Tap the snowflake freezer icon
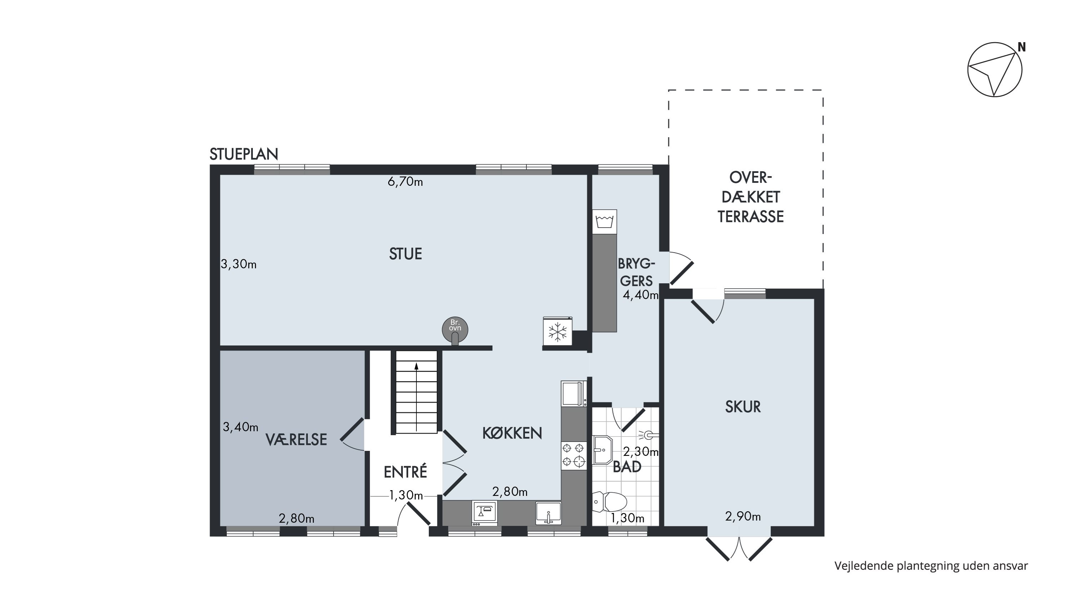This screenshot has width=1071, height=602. (557, 332)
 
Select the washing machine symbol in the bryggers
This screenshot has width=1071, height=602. (605, 222)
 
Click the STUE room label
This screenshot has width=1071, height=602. (405, 254)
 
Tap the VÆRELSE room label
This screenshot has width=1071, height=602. (296, 440)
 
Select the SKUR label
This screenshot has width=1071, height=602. (743, 407)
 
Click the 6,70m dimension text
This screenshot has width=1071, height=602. (405, 182)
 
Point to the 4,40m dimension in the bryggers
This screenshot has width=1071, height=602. (641, 295)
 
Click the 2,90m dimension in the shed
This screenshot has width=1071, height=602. (743, 517)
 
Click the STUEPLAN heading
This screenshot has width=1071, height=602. (244, 154)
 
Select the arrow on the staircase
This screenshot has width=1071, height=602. (416, 393)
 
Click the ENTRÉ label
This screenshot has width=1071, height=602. (405, 472)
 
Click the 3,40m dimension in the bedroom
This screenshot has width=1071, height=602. (241, 427)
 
